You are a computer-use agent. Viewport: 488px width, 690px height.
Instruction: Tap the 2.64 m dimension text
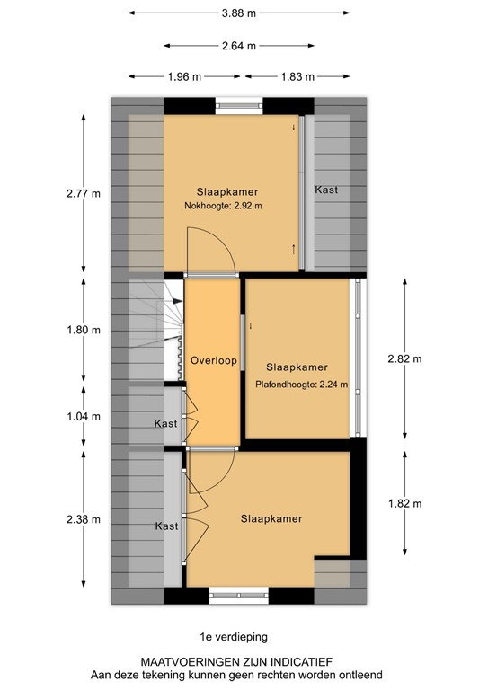239,46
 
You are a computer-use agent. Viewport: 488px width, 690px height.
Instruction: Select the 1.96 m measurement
185,76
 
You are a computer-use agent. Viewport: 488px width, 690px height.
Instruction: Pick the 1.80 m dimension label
84,331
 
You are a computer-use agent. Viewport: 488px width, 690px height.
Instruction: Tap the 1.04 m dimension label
84,417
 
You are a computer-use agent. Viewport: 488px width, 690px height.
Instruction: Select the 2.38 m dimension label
84,518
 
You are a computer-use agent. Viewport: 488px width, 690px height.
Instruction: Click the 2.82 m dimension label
404,358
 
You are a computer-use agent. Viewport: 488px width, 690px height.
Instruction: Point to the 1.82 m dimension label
404,503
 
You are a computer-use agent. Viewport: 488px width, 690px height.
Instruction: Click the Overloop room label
213,361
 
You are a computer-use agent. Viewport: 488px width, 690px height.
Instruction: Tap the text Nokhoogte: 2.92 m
223,206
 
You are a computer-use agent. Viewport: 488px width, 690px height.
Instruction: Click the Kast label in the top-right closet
326,190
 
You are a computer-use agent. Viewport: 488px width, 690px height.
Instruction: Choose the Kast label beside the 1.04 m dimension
165,423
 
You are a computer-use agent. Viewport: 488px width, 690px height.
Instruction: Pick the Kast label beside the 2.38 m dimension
166,526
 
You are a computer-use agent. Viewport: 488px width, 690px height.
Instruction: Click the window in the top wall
240,103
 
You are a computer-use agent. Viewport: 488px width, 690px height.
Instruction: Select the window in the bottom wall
239,594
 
